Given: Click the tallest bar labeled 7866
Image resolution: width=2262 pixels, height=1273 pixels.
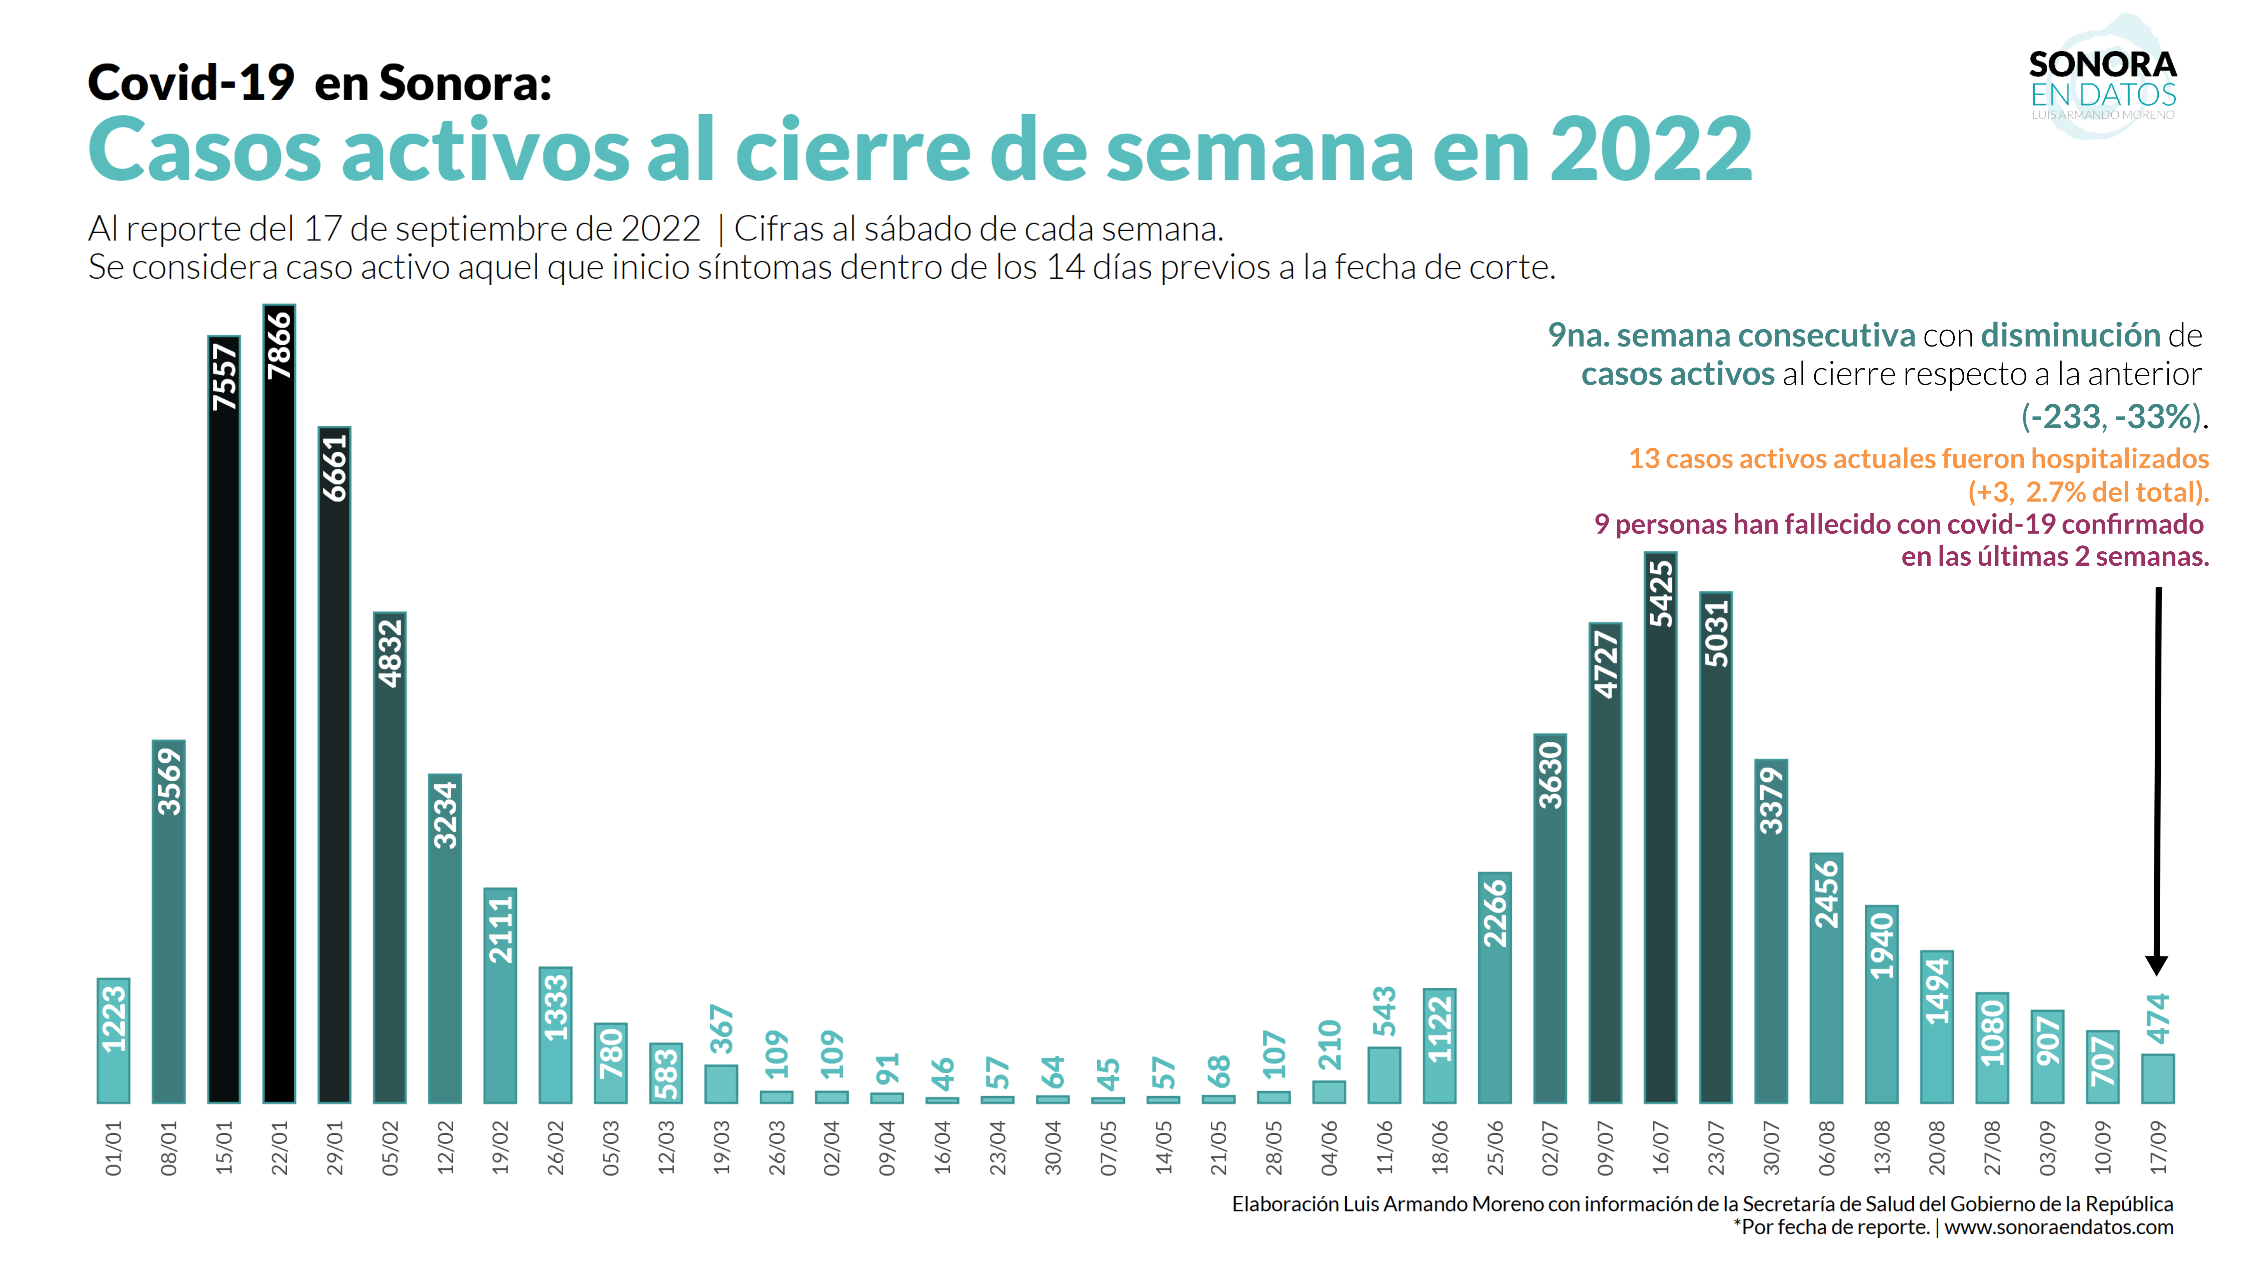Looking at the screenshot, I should click(x=279, y=703).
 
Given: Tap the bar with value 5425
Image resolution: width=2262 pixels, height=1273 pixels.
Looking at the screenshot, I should click(x=1660, y=826).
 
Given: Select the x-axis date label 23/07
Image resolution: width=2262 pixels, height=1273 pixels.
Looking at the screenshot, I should click(x=1716, y=1147).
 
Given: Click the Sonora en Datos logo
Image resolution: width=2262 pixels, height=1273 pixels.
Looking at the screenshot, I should click(x=2103, y=84).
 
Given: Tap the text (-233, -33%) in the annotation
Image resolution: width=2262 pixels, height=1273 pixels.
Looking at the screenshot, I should click(x=2112, y=416).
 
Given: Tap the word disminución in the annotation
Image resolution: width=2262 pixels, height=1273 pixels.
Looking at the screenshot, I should click(x=2070, y=335).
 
